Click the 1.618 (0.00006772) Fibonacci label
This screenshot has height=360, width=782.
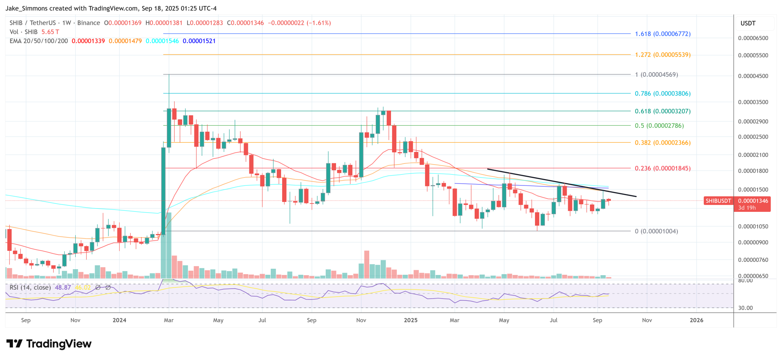[x=662, y=34]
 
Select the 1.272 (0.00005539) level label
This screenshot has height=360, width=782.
[x=662, y=55]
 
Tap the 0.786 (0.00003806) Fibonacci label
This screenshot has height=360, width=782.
[x=662, y=94]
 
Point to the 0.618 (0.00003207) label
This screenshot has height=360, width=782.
[x=662, y=111]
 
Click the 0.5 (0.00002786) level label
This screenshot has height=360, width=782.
[x=659, y=126]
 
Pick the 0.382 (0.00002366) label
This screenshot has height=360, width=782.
[x=662, y=143]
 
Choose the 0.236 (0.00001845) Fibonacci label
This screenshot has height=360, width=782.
[x=662, y=168]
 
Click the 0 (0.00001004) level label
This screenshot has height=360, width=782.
[x=656, y=231]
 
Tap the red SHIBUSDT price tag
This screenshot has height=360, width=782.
[x=718, y=201]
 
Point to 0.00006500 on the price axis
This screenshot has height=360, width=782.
[x=753, y=38]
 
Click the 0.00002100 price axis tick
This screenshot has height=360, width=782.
[x=753, y=155]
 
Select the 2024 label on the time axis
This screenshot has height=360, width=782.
[x=120, y=320]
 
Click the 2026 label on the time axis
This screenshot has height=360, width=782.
[x=696, y=320]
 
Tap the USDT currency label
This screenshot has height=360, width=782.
[x=748, y=23]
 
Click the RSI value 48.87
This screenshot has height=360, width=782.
[x=63, y=287]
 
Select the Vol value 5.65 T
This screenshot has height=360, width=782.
[x=50, y=32]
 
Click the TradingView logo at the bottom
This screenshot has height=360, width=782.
[x=49, y=344]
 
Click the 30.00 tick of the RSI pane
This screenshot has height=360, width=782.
[x=745, y=308]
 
